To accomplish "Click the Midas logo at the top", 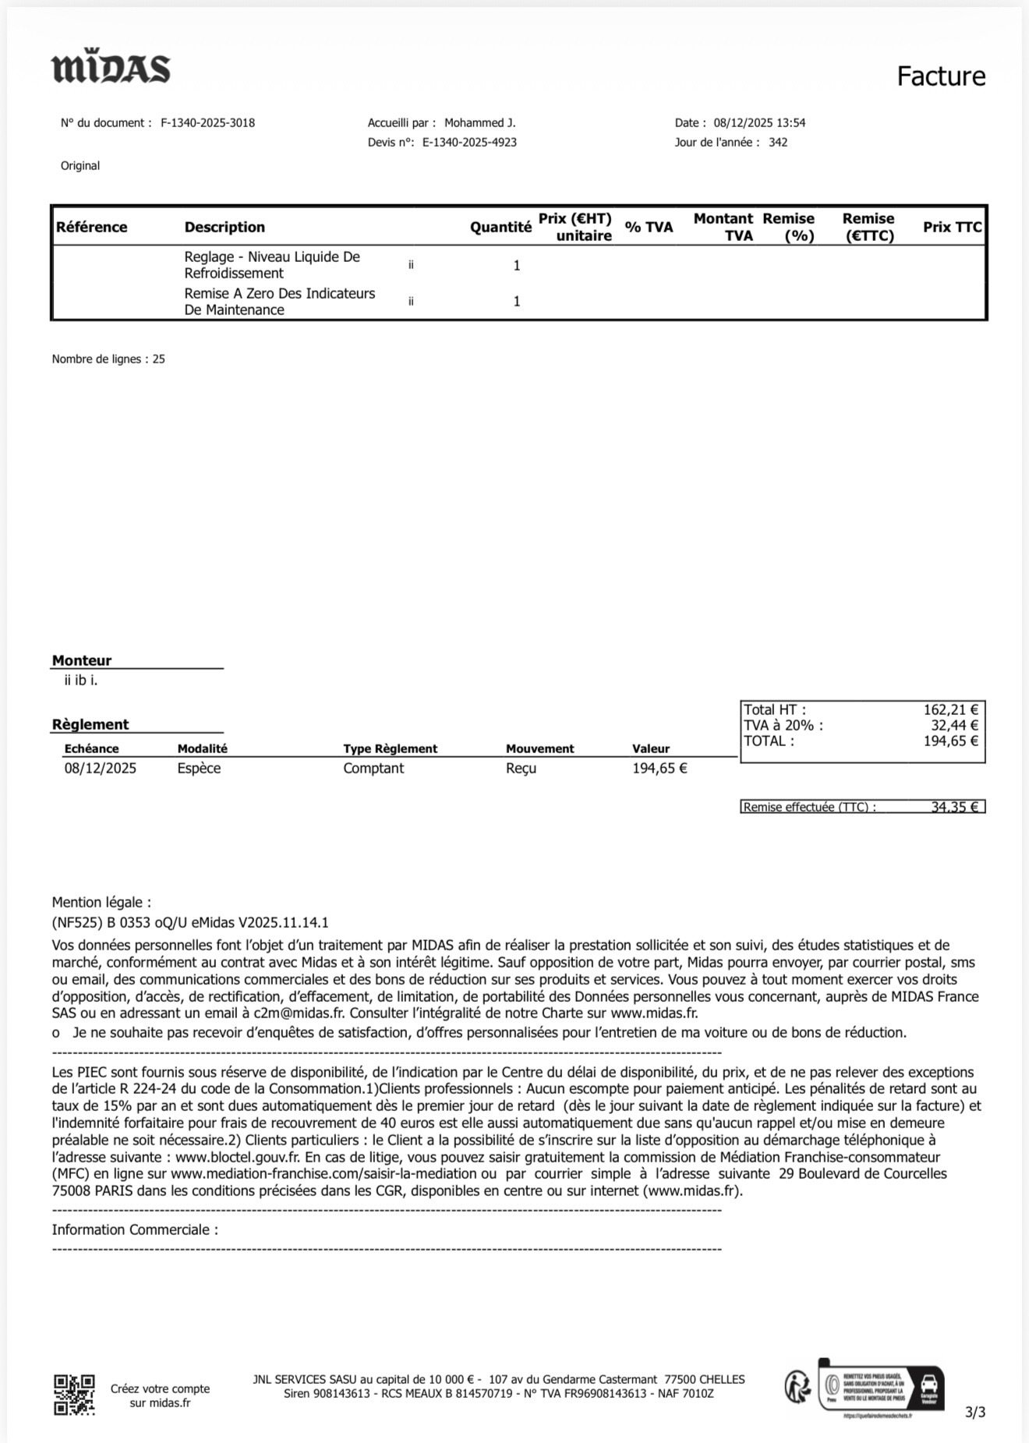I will [x=111, y=69].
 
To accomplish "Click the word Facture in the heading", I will [x=941, y=76].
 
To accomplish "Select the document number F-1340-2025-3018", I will [x=207, y=123].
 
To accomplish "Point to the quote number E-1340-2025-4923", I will [x=469, y=143].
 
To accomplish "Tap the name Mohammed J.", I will [x=479, y=123].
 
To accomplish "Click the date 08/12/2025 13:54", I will [x=759, y=123].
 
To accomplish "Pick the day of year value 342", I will [x=778, y=143].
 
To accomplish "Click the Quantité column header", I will [x=500, y=228].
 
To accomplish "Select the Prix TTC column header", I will [x=952, y=228].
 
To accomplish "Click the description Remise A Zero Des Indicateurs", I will [x=279, y=294].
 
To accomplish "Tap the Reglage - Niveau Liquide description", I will [x=271, y=257].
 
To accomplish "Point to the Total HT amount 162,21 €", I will [x=950, y=710].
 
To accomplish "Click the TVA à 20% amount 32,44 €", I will [x=954, y=726].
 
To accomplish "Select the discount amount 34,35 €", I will [x=954, y=808].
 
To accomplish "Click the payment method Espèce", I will [x=199, y=769].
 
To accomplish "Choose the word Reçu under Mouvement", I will [x=521, y=769].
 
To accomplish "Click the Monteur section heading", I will [x=82, y=661].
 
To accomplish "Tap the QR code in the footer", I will [x=74, y=1395].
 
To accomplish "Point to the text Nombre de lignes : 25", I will [x=108, y=359].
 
